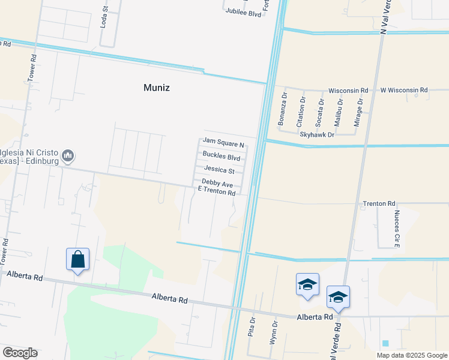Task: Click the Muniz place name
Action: tap(157, 88)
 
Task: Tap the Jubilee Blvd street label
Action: tap(243, 12)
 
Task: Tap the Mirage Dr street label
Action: tap(360, 110)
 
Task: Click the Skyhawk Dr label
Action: tap(316, 135)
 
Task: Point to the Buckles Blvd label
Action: tap(221, 158)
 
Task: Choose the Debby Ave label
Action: tap(217, 182)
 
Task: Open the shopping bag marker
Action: tap(78, 260)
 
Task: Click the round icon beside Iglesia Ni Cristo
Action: tap(68, 157)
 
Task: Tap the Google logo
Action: tap(19, 353)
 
